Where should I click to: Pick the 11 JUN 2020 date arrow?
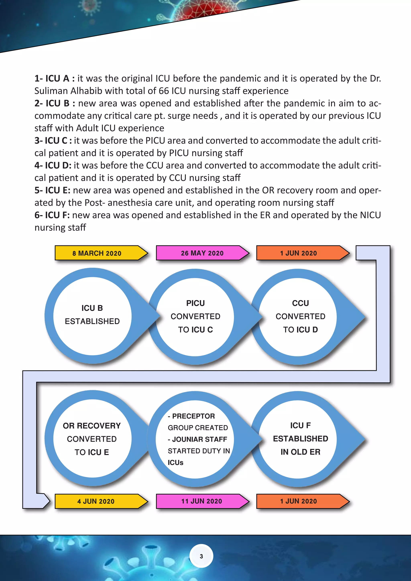pos(201,501)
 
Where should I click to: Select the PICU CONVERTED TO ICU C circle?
pos(195,316)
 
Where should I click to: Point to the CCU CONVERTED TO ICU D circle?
pos(300,316)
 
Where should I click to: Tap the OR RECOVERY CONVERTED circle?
pos(92,439)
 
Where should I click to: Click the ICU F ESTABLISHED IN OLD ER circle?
pos(300,439)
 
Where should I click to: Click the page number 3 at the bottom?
pos(201,556)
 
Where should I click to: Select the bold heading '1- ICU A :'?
pos(54,79)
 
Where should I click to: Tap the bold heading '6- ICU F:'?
pos(52,215)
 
